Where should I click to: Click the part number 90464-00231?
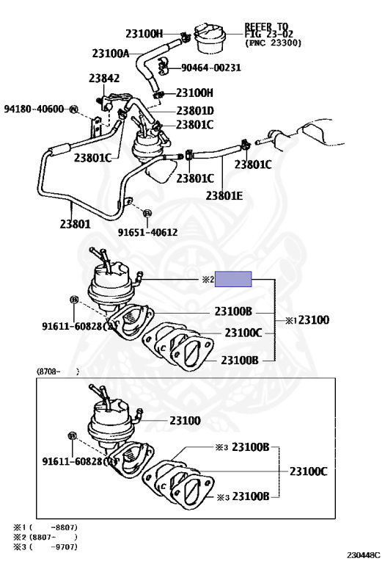point(210,68)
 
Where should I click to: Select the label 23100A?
point(110,54)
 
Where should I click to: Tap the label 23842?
point(104,79)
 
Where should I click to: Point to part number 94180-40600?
point(34,109)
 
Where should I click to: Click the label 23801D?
point(194,111)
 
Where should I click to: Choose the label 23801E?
point(224,195)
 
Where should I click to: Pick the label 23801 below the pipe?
point(76,224)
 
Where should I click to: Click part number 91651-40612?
point(147,232)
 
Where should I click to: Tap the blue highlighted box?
point(233,279)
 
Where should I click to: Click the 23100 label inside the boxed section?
point(185,421)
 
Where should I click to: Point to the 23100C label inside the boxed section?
point(309,471)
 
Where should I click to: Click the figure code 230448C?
point(363,555)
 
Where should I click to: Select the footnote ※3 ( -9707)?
point(45,547)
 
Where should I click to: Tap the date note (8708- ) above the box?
point(58,372)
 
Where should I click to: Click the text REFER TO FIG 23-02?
point(268,31)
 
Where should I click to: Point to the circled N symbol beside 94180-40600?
point(73,109)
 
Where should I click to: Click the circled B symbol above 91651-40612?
point(147,213)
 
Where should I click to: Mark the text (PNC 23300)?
point(274,43)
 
